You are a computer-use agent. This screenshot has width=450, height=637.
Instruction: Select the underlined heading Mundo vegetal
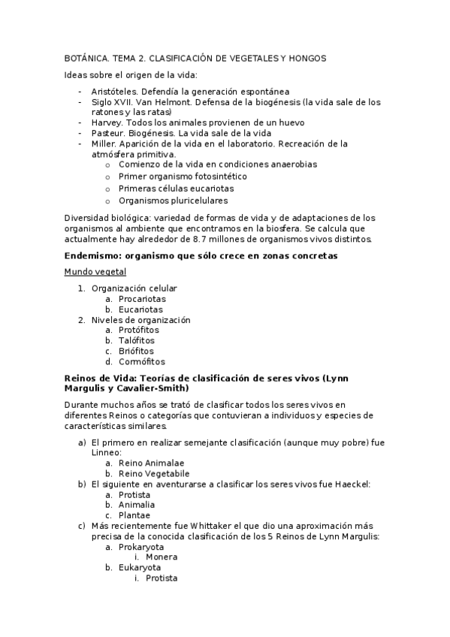(x=95, y=272)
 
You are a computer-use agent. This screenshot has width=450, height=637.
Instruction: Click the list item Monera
(x=162, y=557)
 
